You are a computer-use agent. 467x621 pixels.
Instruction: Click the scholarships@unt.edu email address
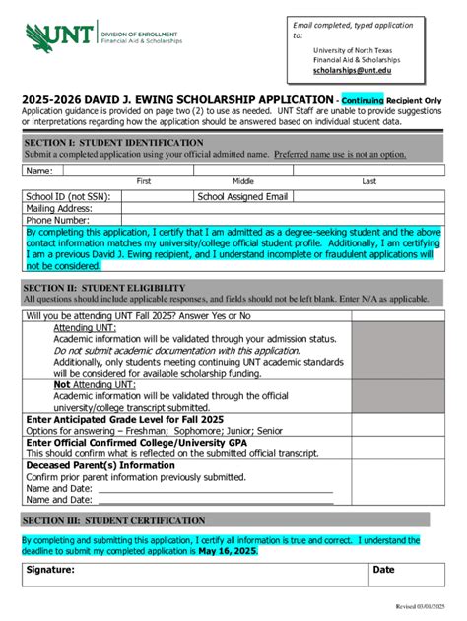pyautogui.click(x=352, y=71)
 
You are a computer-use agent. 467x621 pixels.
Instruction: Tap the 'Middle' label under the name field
pyautogui.click(x=243, y=181)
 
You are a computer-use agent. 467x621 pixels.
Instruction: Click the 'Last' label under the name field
pyautogui.click(x=369, y=181)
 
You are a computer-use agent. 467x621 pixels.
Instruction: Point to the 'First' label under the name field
pyautogui.click(x=144, y=181)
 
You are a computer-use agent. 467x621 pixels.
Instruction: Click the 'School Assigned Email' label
pyautogui.click(x=242, y=196)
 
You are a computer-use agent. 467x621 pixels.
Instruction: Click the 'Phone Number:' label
pyautogui.click(x=57, y=220)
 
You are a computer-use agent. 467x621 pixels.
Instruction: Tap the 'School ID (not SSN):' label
pyautogui.click(x=67, y=196)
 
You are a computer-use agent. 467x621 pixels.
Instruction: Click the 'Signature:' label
pyautogui.click(x=50, y=570)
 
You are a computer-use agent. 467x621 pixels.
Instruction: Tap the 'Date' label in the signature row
pyautogui.click(x=383, y=570)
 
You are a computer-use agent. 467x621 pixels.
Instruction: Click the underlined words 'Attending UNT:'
pyautogui.click(x=85, y=327)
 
